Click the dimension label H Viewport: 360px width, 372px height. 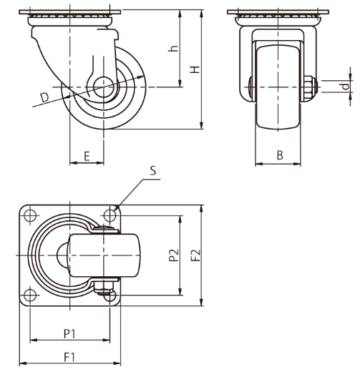195,69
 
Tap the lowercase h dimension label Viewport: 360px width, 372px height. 173,48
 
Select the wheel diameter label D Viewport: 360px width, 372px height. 44,97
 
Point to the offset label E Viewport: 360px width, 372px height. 87,156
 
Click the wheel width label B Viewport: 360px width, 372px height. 280,155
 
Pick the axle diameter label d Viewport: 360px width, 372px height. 346,87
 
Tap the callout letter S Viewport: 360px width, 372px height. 153,171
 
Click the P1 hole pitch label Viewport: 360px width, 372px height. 69,334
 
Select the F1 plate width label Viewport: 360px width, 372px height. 69,357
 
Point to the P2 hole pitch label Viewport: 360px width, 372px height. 174,255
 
